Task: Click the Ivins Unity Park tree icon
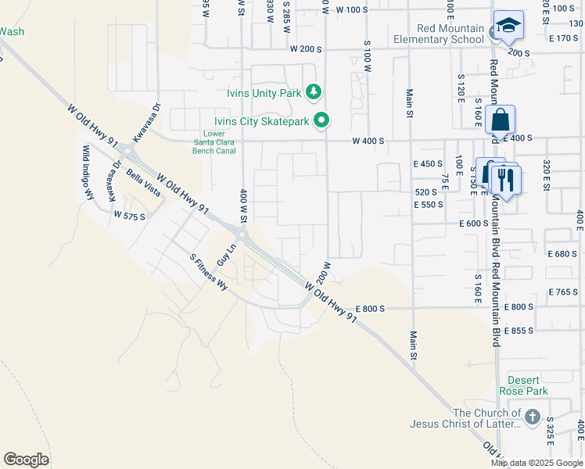(314, 92)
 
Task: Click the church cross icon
(533, 417)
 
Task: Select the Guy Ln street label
(226, 256)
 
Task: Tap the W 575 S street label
(130, 215)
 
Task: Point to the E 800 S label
(369, 309)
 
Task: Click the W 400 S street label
(368, 141)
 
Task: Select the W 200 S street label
(306, 48)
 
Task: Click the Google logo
(26, 460)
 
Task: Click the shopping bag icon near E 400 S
(501, 122)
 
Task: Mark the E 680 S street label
(562, 254)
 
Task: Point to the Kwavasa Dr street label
(146, 122)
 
